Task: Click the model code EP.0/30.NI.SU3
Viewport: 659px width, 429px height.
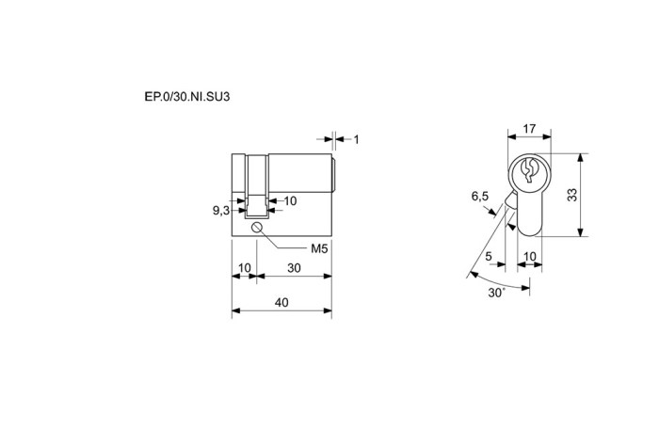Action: pyautogui.click(x=187, y=97)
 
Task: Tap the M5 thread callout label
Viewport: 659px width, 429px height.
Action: pyautogui.click(x=319, y=248)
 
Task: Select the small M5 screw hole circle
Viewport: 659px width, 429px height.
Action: pyautogui.click(x=257, y=228)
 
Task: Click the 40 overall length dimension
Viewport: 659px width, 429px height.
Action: pyautogui.click(x=281, y=302)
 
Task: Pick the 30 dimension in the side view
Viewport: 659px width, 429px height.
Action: pyautogui.click(x=294, y=267)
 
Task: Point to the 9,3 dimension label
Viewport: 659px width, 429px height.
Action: pyautogui.click(x=221, y=210)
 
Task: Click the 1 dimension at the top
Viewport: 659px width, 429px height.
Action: pyautogui.click(x=357, y=139)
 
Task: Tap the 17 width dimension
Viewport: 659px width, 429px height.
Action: pyautogui.click(x=529, y=129)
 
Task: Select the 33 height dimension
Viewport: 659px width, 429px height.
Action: pyautogui.click(x=572, y=195)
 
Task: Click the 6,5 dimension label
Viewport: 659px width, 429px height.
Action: pyautogui.click(x=480, y=196)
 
